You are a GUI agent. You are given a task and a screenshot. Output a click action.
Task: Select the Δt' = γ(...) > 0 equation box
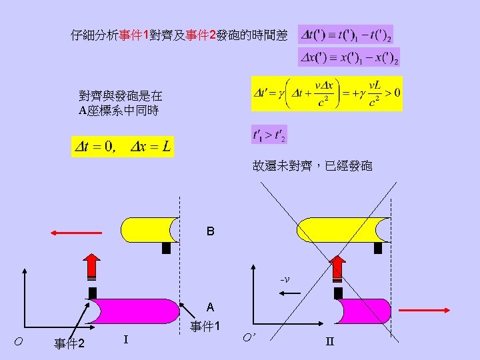(x=327, y=93)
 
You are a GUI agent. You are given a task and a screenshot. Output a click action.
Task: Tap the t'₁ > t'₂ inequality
(x=269, y=135)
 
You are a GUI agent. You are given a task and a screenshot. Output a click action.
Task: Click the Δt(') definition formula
(x=346, y=34)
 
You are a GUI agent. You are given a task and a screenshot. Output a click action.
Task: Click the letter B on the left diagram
(x=210, y=232)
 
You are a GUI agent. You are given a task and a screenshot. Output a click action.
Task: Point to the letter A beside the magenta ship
(x=210, y=307)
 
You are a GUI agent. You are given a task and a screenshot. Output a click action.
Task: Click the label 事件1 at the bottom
(x=205, y=327)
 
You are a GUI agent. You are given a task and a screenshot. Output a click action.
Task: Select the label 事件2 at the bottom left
(x=69, y=343)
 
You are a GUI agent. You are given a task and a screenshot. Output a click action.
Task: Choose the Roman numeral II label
(x=329, y=342)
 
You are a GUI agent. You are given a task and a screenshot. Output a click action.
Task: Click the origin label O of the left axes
(x=18, y=341)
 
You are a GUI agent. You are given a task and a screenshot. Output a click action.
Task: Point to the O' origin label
(x=247, y=337)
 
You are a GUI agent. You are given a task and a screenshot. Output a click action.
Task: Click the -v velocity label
(x=284, y=279)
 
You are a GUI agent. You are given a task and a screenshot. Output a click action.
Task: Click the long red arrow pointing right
(x=426, y=310)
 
